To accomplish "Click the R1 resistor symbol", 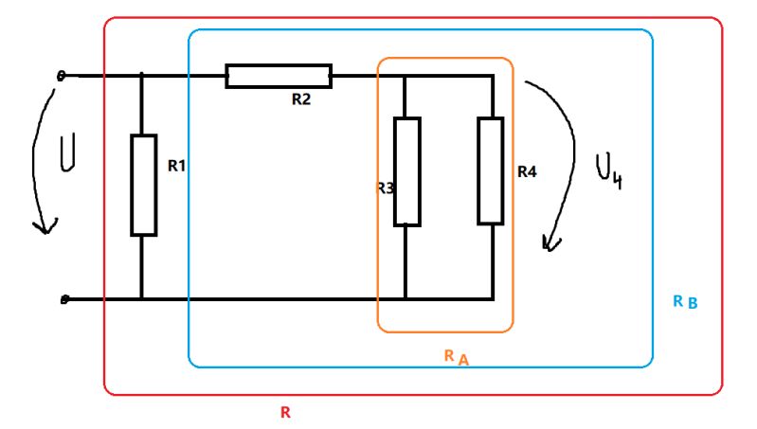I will coord(143,185).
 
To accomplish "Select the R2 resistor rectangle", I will coord(279,76).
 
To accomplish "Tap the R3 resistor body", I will coord(406,171).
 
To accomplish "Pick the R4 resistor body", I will coord(490,170).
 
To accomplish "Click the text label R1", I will coord(176,166).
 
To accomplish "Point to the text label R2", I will coord(301,99).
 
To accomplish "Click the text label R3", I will coord(384,188).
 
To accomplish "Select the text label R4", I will coord(528,172).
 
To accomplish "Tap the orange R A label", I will coord(456,356).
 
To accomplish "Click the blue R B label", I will coord(685,302).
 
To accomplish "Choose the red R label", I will coord(285,412).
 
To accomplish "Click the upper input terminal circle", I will coord(63,76).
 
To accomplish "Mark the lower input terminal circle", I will coord(63,299).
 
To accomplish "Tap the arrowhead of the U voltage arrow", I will coord(41,228).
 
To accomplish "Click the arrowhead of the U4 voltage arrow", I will coord(548,245).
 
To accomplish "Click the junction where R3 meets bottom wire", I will coord(406,298).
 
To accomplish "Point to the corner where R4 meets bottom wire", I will coord(493,298).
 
